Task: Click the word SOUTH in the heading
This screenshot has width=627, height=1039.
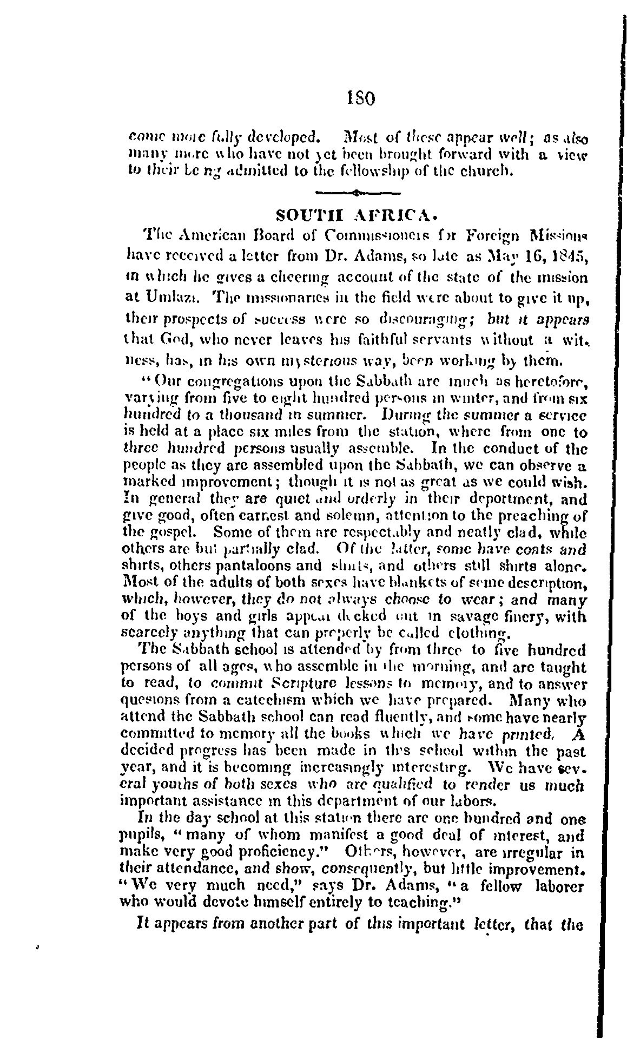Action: tap(305, 215)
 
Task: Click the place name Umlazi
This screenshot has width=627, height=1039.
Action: tap(162, 297)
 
